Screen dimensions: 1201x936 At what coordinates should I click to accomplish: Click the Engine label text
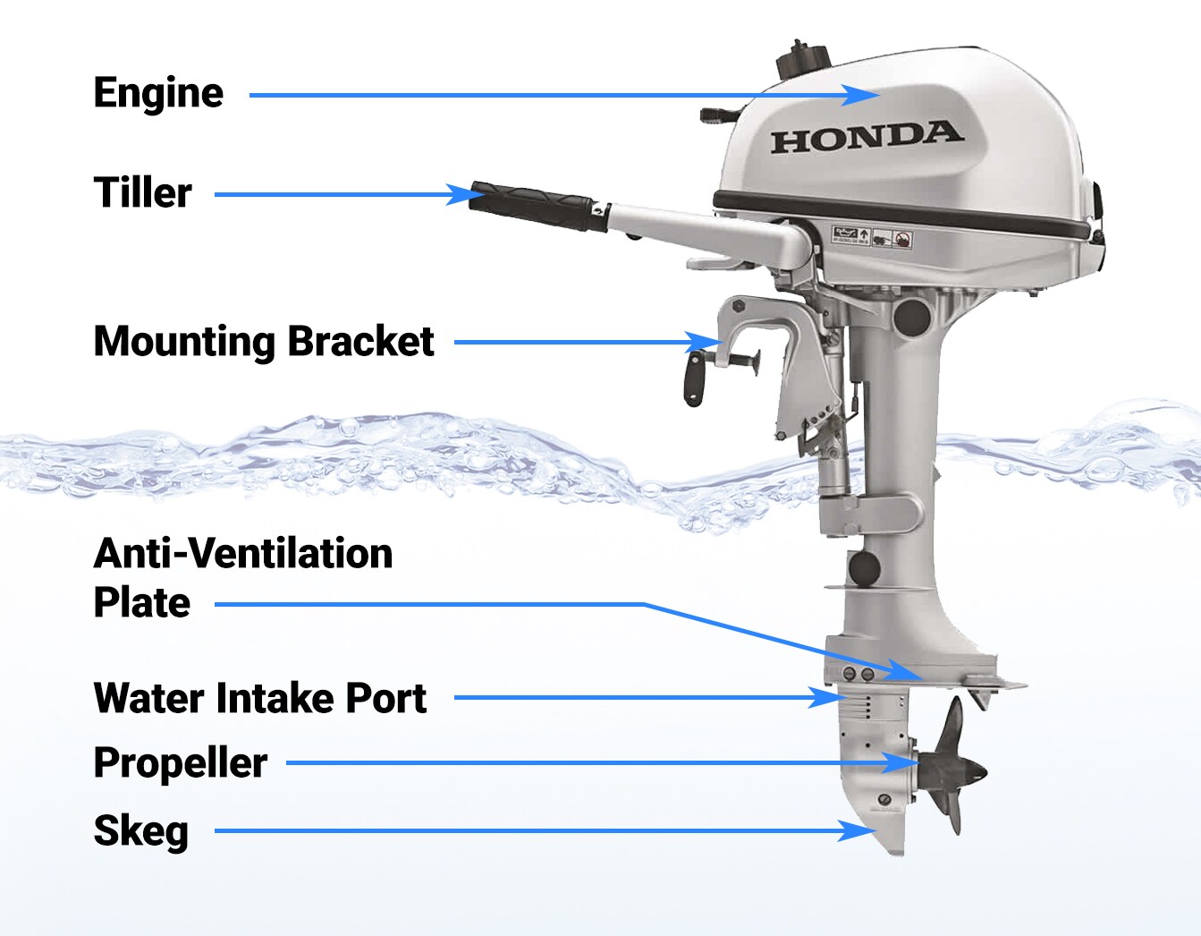pyautogui.click(x=158, y=94)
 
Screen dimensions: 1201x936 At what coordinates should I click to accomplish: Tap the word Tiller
pyautogui.click(x=142, y=192)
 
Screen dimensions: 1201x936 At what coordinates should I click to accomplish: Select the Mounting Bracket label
pyautogui.click(x=264, y=342)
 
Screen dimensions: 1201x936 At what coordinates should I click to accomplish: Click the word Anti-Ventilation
pyautogui.click(x=243, y=553)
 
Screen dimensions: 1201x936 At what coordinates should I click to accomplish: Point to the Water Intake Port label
pyautogui.click(x=260, y=698)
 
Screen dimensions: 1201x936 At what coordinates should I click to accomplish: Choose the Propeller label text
pyautogui.click(x=181, y=763)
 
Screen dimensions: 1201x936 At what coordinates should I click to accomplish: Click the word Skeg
pyautogui.click(x=141, y=831)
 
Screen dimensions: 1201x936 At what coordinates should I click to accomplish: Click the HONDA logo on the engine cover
pyautogui.click(x=867, y=137)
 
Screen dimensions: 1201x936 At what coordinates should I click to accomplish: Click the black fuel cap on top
pyautogui.click(x=803, y=58)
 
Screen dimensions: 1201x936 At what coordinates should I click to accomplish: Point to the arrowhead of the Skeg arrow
pyautogui.click(x=857, y=831)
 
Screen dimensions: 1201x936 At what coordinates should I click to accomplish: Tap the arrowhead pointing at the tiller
pyautogui.click(x=465, y=194)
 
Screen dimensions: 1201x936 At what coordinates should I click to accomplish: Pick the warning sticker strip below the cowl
pyautogui.click(x=872, y=237)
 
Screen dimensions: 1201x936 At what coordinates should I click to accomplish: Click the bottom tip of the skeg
pyautogui.click(x=896, y=855)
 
